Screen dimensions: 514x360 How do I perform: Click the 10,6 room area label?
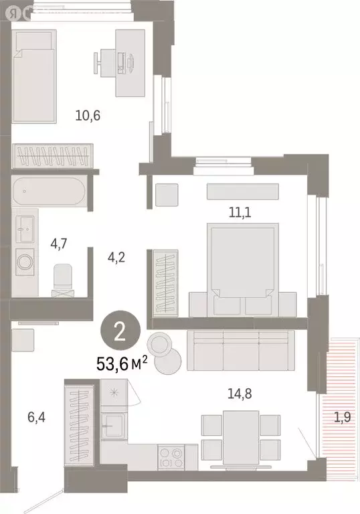pos(88,114)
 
